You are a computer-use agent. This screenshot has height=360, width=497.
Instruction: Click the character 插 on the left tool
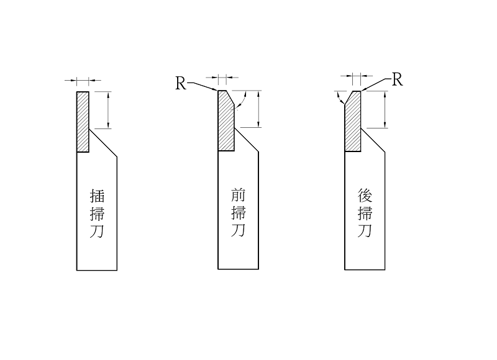98,196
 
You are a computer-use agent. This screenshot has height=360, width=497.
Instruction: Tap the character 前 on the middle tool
238,196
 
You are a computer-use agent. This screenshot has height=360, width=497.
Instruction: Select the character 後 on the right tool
365,196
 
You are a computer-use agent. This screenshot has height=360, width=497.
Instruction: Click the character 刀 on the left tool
98,232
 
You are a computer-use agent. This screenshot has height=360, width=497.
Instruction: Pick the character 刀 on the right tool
365,232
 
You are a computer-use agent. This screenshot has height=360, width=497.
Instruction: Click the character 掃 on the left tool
98,214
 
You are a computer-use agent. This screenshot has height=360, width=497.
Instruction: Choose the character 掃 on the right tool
365,214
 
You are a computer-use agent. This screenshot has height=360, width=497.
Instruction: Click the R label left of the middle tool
180,84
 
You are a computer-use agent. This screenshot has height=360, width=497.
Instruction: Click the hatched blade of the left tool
83,122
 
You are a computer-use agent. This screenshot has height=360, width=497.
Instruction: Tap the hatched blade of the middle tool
225,124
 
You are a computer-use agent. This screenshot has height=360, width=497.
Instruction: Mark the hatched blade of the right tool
353,124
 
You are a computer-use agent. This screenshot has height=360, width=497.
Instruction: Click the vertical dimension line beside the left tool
109,110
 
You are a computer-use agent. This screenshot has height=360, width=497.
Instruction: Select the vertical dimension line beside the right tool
386,109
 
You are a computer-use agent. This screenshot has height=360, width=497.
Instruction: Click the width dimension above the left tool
83,80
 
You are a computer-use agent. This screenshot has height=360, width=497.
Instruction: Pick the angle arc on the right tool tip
339,101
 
